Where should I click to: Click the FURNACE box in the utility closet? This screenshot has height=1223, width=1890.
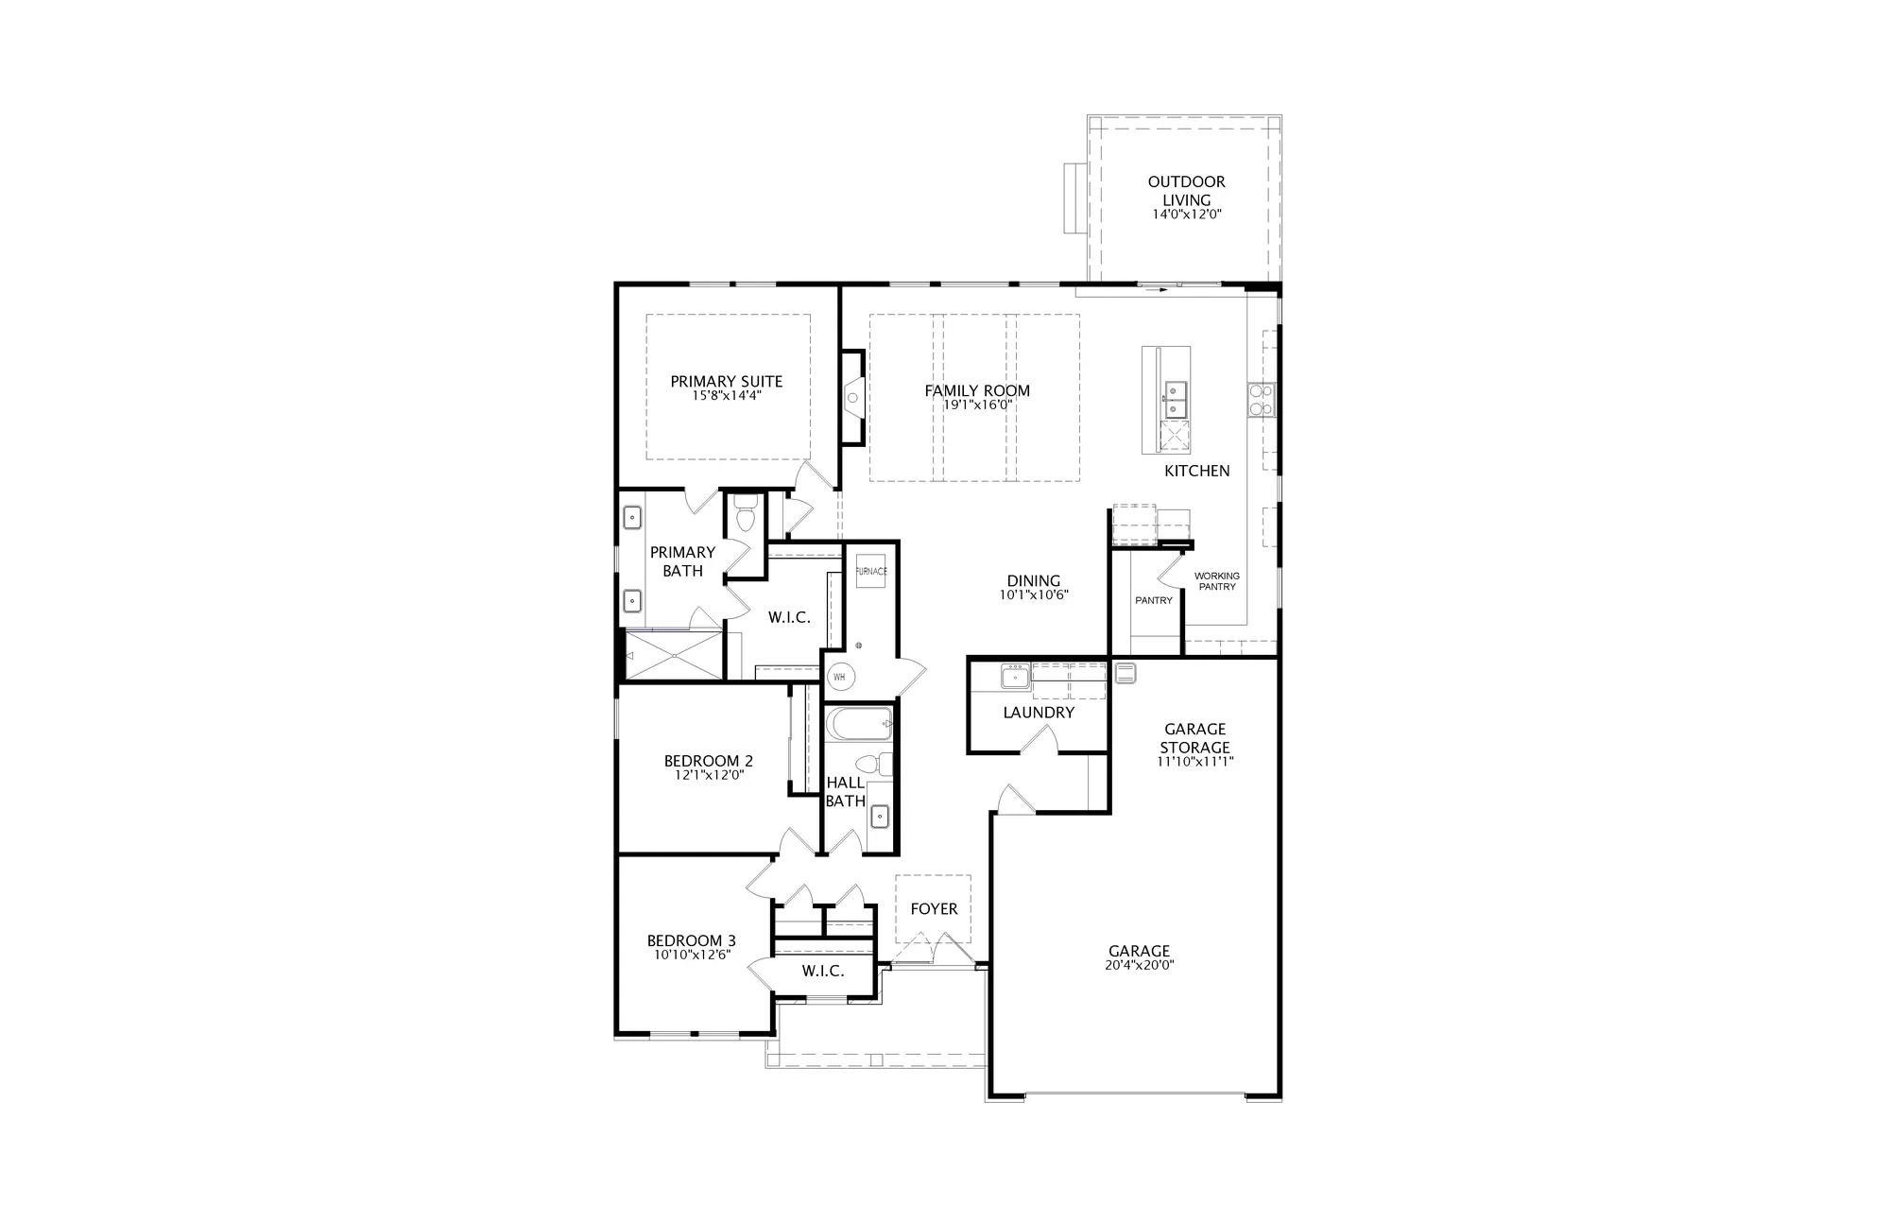pos(871,571)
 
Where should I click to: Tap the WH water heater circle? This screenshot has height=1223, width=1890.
pos(840,677)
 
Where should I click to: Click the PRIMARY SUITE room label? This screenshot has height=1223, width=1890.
pos(727,382)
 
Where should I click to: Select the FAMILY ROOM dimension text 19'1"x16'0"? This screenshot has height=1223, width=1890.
pos(977,405)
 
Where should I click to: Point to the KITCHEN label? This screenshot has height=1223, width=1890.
pos(1196,471)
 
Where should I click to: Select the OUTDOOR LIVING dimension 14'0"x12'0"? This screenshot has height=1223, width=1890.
pos(1187,215)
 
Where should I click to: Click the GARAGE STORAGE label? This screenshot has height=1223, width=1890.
pos(1195,738)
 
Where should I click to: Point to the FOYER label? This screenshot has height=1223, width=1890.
pos(934,909)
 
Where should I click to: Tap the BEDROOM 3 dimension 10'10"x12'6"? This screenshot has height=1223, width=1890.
pos(692,955)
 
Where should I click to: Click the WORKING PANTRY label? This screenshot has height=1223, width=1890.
pos(1217,581)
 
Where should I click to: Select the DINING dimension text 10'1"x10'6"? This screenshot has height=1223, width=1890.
pos(1034,595)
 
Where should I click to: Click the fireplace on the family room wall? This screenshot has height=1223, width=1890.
pos(852,397)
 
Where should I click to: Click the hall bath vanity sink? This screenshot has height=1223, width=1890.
pos(879,814)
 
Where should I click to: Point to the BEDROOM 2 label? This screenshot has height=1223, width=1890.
pos(709,761)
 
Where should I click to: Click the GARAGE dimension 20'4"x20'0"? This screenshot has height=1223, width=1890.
pos(1140,965)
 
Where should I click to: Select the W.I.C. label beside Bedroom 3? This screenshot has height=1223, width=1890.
pos(823,972)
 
